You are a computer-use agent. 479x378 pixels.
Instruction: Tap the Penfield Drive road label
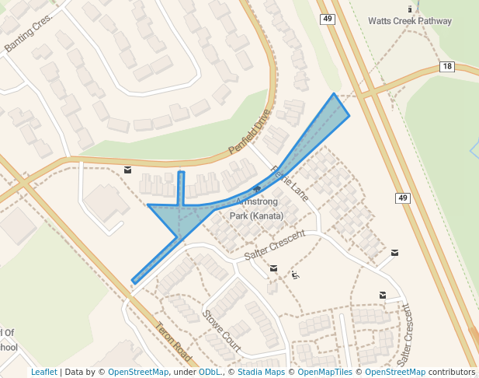point(250,131)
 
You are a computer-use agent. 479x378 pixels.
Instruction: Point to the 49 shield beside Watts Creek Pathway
point(327,19)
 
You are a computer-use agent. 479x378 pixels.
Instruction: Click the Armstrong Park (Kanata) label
point(256,208)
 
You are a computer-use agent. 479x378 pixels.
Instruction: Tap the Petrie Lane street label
point(290,184)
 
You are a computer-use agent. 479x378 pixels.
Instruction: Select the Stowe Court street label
point(221,329)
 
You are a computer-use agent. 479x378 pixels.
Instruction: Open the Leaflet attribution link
point(43,372)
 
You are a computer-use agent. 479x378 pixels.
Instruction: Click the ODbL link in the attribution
point(210,372)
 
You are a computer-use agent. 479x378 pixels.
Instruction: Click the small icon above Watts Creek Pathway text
point(409,9)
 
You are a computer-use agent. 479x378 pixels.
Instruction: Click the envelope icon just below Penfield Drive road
point(127,170)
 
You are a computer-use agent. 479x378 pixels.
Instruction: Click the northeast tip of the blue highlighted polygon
point(335,94)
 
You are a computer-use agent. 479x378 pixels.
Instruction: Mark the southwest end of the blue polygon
point(134,282)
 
